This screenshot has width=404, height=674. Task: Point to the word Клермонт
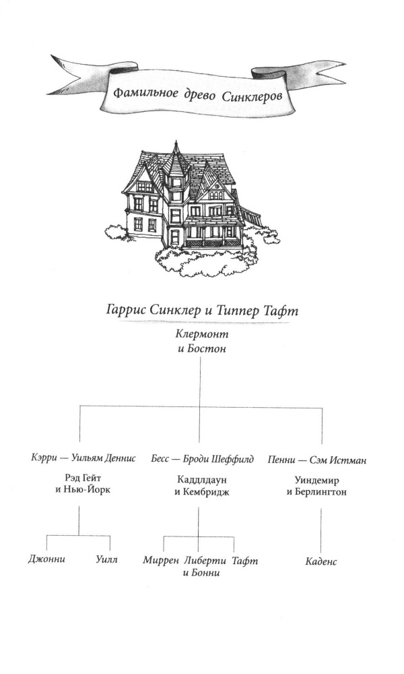pyautogui.click(x=202, y=334)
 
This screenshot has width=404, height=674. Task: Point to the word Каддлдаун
pyautogui.click(x=202, y=479)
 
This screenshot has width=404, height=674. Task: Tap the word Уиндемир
pyautogui.click(x=316, y=480)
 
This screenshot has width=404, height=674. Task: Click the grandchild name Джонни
pyautogui.click(x=47, y=559)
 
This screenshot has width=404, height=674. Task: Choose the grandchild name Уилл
pyautogui.click(x=106, y=559)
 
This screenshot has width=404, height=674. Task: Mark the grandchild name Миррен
pyautogui.click(x=160, y=560)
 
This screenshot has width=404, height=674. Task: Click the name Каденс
pyautogui.click(x=321, y=561)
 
